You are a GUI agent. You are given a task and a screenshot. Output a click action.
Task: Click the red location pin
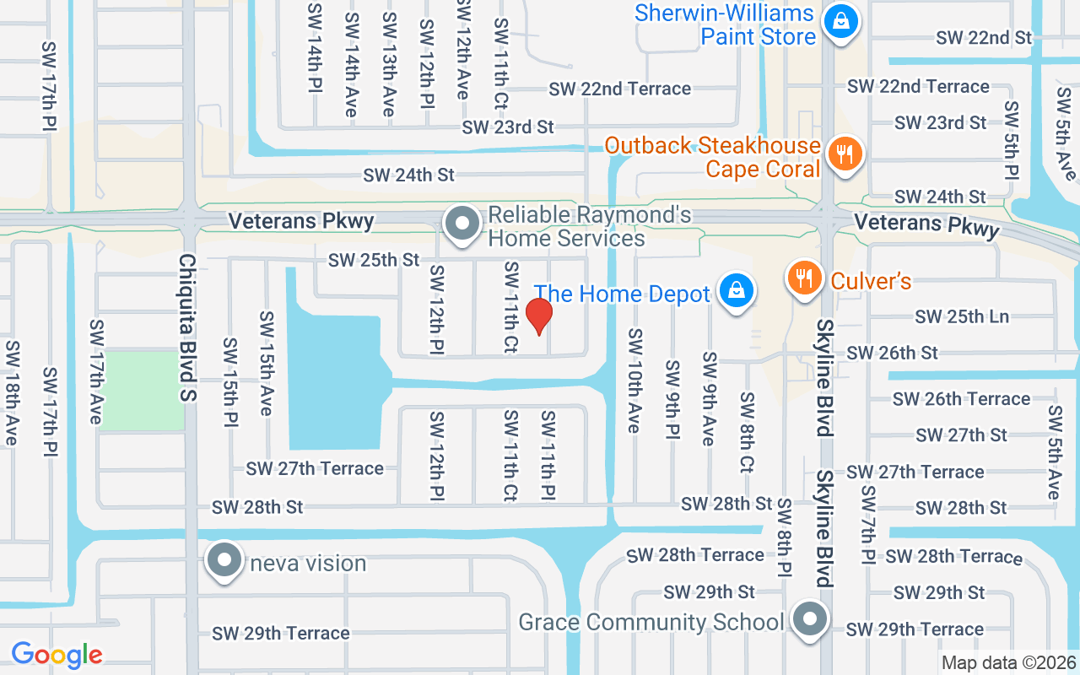[539, 316]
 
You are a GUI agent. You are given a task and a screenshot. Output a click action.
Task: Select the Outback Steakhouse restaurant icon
[842, 154]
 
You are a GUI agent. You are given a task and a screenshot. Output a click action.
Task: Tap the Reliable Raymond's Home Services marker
[462, 224]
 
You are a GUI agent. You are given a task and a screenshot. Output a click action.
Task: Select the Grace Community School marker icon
[810, 620]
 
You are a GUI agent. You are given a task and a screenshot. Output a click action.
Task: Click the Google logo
[57, 654]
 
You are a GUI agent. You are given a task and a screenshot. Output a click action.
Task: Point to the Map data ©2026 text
[1009, 662]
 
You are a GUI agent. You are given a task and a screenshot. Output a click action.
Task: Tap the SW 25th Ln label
[962, 316]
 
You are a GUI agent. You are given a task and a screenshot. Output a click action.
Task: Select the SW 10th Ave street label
[634, 380]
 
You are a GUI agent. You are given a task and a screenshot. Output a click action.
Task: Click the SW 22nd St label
[984, 37]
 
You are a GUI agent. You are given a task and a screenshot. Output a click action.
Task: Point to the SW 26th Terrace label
[961, 398]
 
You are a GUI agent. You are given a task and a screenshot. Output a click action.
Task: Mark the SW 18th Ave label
[12, 393]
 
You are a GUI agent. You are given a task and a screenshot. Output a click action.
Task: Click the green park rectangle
[142, 390]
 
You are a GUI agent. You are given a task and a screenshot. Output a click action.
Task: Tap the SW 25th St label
[374, 260]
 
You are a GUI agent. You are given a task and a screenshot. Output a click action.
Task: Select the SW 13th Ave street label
[389, 64]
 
